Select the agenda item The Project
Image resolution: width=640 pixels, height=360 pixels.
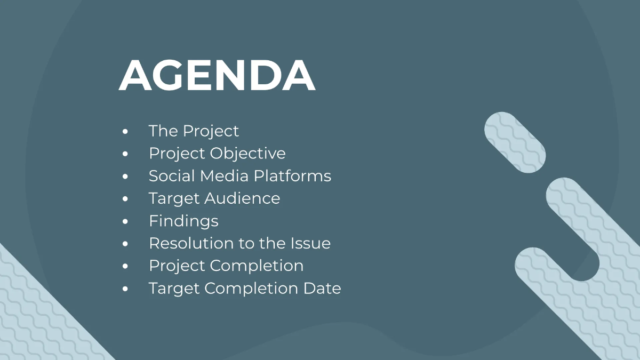click(194, 131)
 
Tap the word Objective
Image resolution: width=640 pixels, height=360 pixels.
click(248, 154)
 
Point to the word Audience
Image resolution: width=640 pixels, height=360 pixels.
click(242, 198)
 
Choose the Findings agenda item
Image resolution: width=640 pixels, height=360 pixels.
click(183, 221)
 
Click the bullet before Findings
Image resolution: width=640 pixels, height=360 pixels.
click(125, 221)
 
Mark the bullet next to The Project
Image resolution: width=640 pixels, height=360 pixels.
click(125, 131)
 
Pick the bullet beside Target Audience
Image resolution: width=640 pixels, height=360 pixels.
click(125, 199)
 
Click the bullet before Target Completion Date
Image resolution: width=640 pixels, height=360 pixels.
click(125, 289)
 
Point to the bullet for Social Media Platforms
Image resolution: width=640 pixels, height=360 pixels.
click(125, 177)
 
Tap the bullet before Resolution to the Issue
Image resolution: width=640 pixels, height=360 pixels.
click(125, 244)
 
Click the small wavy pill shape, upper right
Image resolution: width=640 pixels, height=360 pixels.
click(515, 142)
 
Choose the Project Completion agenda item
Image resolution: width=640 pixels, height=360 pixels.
click(226, 266)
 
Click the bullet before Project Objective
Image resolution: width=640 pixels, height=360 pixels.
click(125, 154)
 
